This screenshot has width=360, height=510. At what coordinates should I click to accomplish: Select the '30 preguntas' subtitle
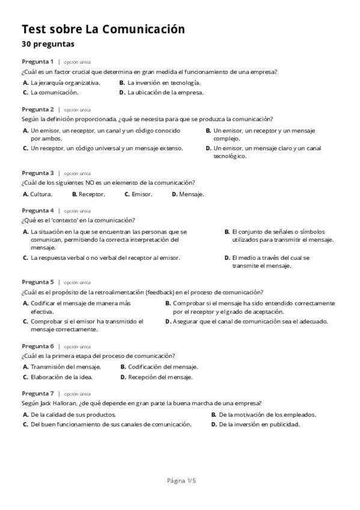click(48, 44)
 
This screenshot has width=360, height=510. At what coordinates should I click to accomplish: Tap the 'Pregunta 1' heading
click(37, 61)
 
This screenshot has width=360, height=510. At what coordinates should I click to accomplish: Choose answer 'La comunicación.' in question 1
click(54, 93)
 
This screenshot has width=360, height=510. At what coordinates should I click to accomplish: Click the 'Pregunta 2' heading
click(37, 109)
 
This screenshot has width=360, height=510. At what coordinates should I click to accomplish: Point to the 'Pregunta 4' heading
click(37, 210)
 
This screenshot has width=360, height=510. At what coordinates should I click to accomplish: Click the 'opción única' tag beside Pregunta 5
click(77, 282)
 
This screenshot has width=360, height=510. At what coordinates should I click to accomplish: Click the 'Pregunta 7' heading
click(37, 393)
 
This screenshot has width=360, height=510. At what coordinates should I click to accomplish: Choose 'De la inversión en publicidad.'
click(259, 424)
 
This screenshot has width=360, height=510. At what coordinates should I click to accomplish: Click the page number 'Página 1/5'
click(181, 481)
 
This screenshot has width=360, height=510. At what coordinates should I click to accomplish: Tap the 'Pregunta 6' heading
click(37, 346)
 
